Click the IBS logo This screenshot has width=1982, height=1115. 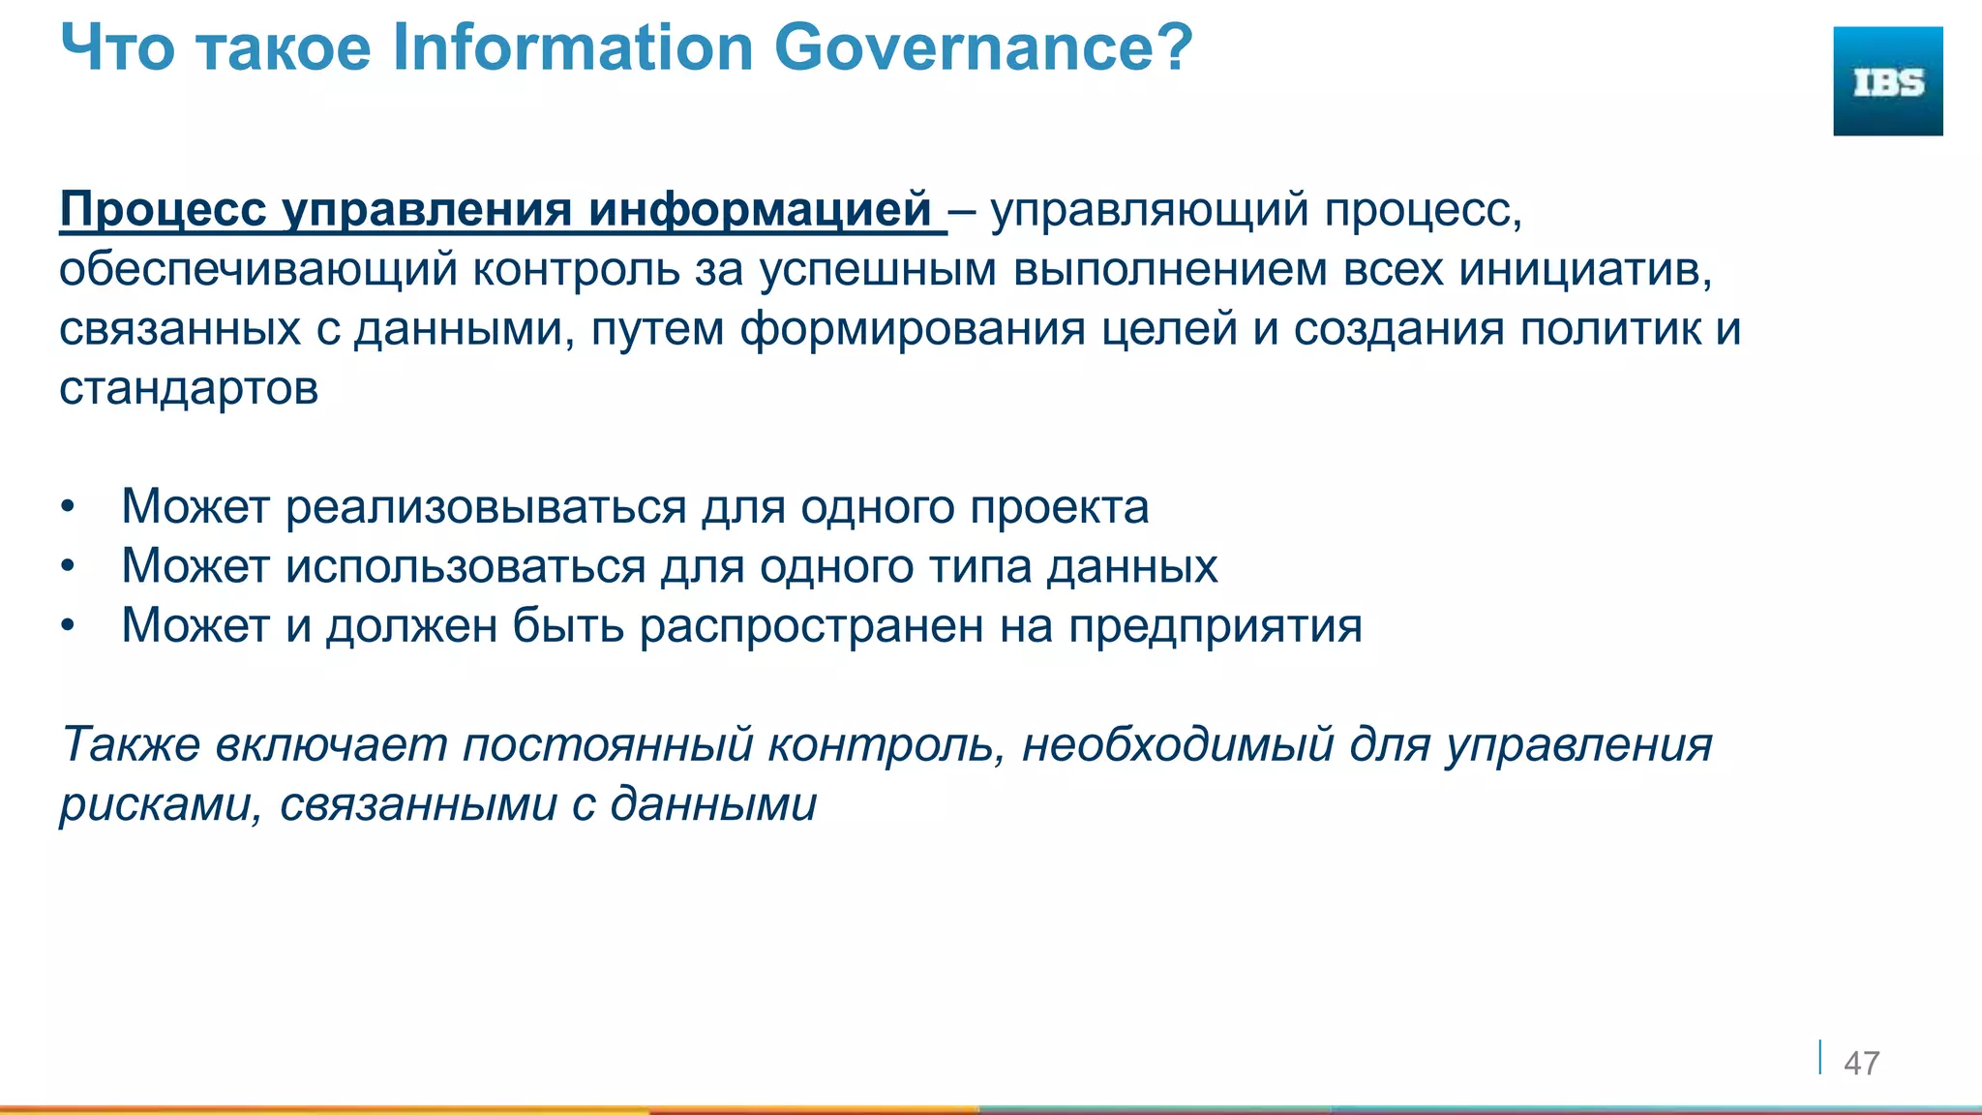coord(1887,81)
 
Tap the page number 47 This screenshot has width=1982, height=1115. coord(1861,1063)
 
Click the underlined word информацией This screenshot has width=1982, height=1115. coord(760,209)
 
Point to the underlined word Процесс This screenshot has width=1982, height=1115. coord(163,209)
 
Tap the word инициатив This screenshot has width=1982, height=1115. coord(1585,270)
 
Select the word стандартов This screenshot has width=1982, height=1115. coord(189,389)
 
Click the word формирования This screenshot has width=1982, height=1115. coord(913,329)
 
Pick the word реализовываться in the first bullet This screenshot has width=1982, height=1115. coord(485,507)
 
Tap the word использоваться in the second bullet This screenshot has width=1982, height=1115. coord(465,567)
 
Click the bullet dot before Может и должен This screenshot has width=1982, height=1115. coord(66,627)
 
